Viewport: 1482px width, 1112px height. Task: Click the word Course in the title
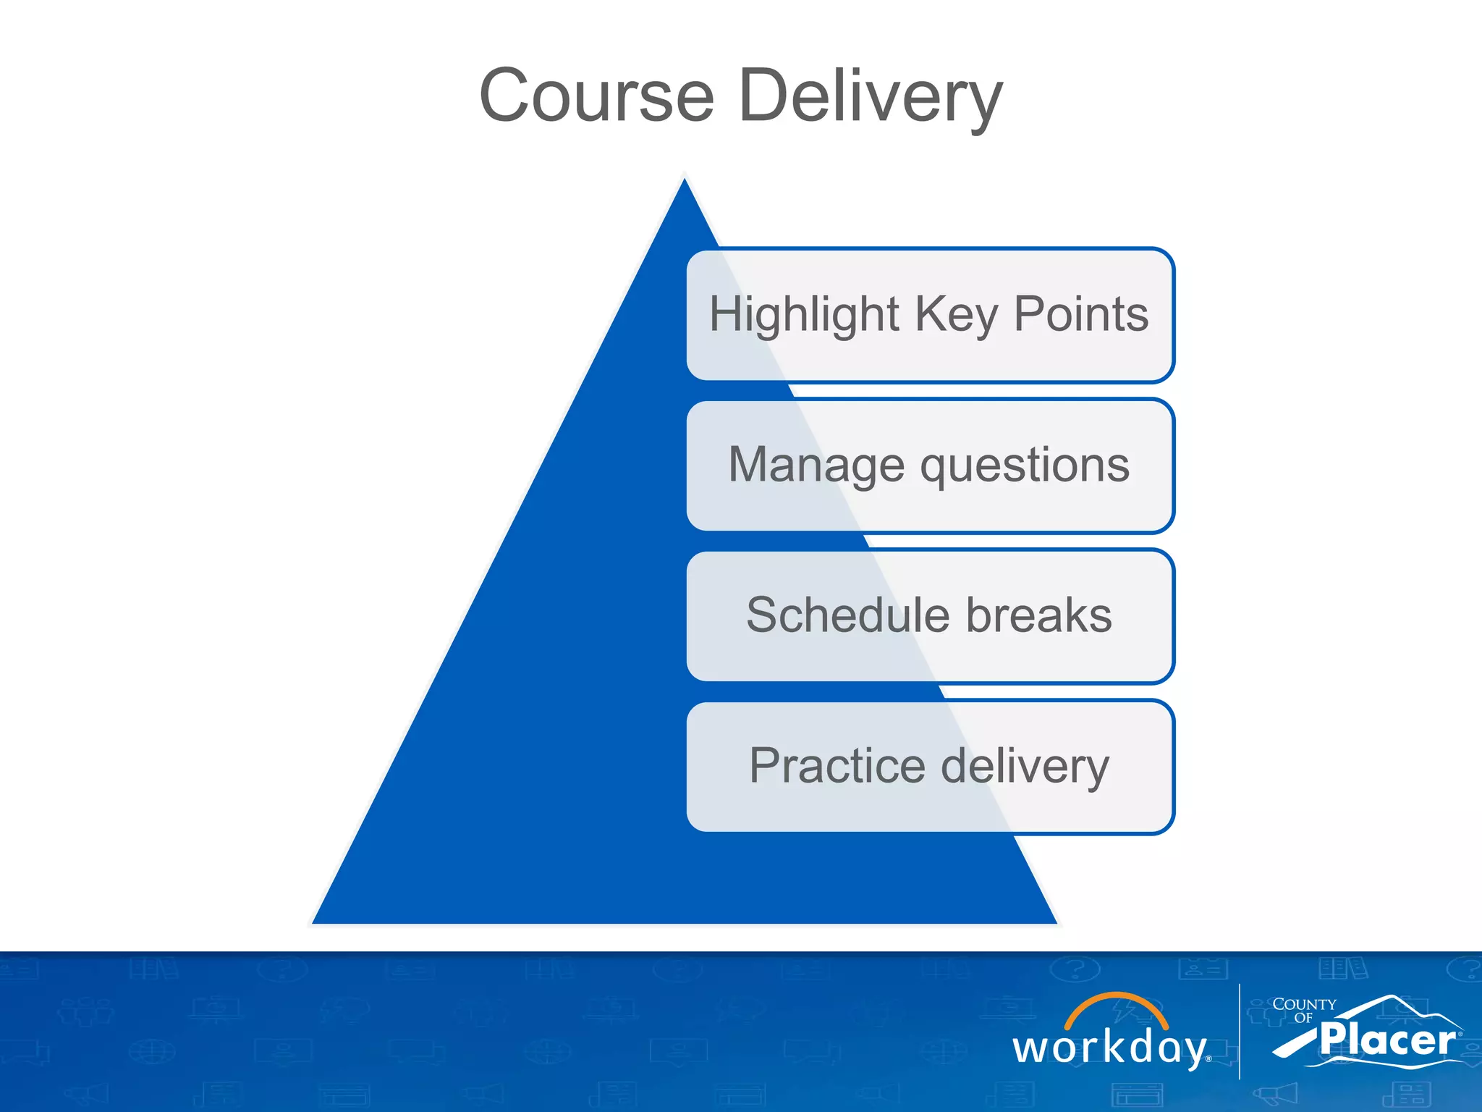pos(596,96)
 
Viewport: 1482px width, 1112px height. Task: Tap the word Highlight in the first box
pos(803,314)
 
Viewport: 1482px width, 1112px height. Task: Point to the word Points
pos(1081,314)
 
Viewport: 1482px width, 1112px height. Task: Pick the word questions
pos(1025,466)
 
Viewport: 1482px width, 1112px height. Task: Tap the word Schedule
pos(847,615)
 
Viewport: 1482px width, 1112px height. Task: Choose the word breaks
pos(1039,615)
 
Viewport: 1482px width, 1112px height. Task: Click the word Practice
pos(837,766)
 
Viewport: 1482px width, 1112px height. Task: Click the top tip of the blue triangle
pos(685,182)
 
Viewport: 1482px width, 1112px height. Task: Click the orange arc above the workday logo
pos(1116,1002)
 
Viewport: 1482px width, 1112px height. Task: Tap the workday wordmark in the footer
pos(1110,1048)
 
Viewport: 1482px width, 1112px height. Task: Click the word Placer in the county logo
pos(1386,1040)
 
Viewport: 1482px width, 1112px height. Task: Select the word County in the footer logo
pos(1304,1005)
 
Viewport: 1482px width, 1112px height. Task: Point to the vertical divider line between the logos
pos(1240,1031)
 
